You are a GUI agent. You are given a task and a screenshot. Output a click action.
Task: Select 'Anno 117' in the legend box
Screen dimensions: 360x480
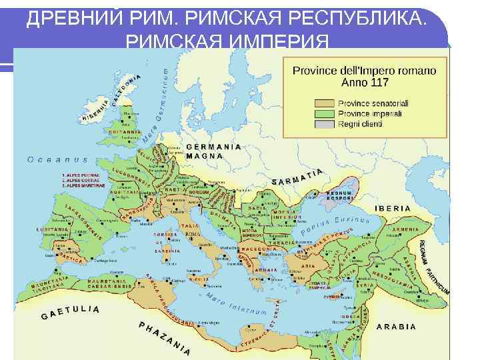tap(365, 83)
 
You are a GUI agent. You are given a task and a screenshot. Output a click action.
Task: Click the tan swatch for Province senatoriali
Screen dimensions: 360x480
tap(325, 103)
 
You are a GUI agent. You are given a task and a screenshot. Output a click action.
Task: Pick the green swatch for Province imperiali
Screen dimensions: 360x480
tap(325, 113)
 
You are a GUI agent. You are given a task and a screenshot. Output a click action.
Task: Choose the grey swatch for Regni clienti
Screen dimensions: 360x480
tap(325, 123)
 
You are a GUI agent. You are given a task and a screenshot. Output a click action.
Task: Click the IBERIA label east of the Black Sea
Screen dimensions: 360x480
tap(393, 209)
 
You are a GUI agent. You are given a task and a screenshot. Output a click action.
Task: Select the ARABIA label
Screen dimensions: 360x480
tap(397, 327)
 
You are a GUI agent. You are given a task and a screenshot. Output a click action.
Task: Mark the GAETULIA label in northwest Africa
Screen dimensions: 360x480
tap(70, 312)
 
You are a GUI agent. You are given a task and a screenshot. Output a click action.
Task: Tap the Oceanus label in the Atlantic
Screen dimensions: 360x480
tap(57, 159)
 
